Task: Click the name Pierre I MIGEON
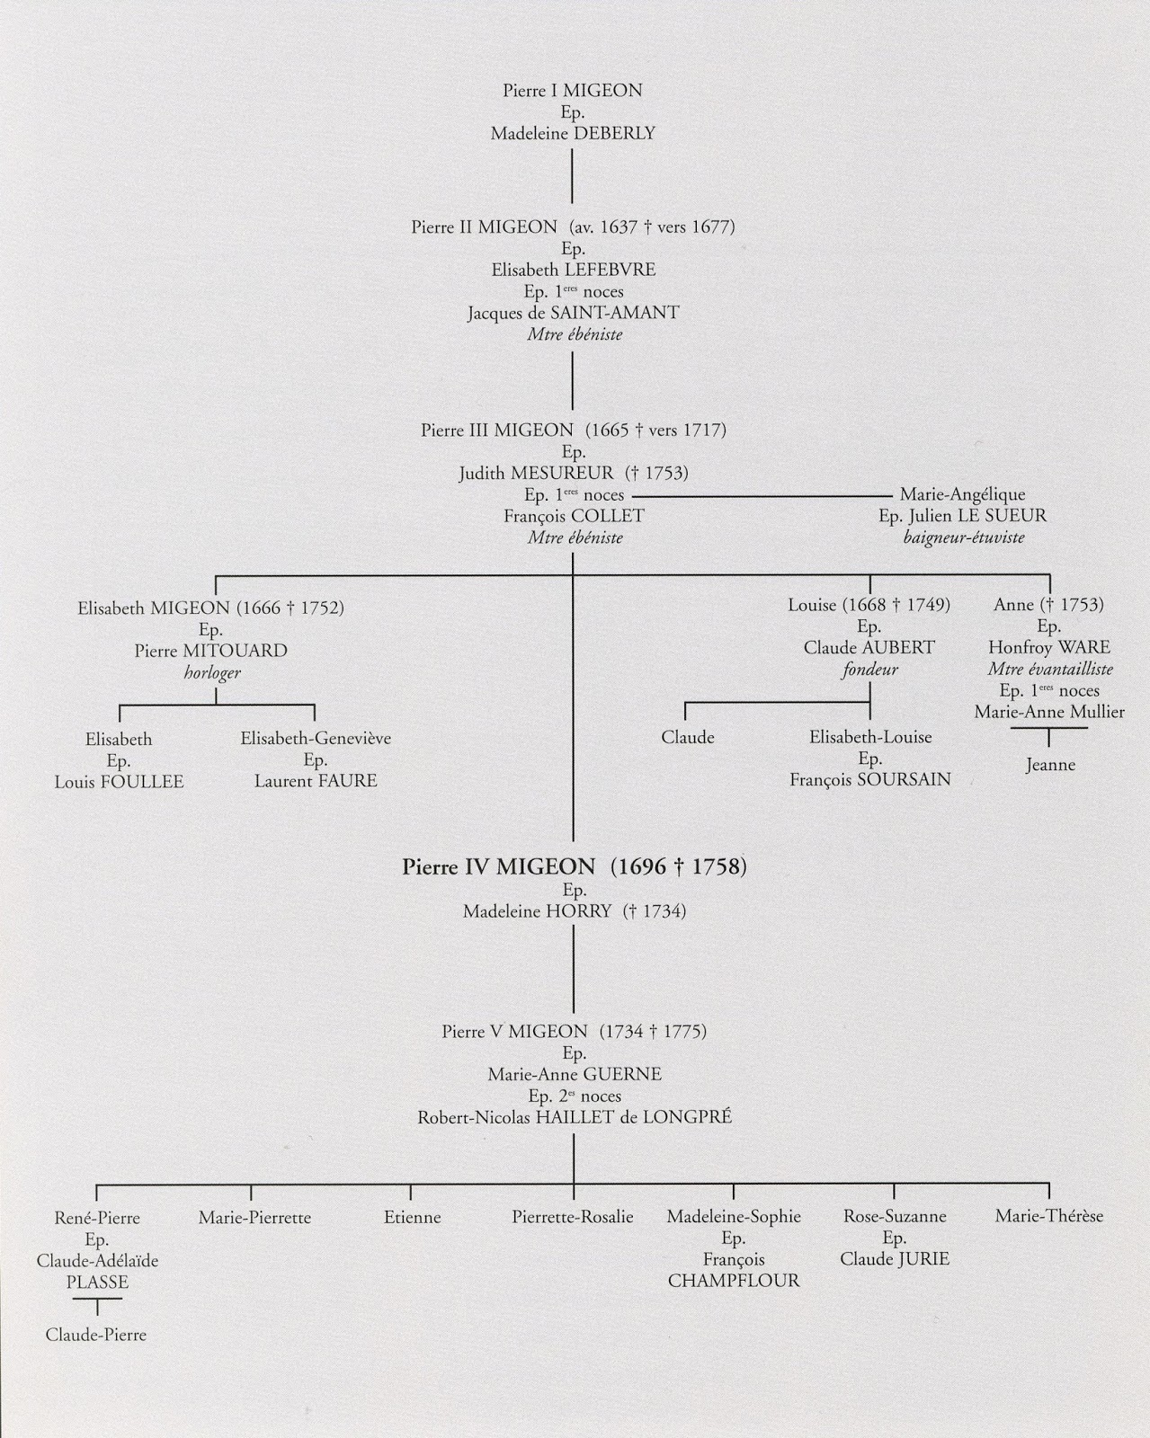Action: coord(573,91)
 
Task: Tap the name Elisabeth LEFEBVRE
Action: coord(573,270)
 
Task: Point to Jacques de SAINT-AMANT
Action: coord(573,313)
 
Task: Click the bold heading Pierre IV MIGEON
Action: coord(499,867)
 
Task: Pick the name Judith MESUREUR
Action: coord(536,473)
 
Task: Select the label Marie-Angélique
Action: coord(962,494)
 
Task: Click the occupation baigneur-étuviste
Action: coord(963,537)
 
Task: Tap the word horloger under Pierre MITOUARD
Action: coord(212,672)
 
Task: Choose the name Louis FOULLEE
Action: coord(119,782)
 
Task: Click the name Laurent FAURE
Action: coord(316,781)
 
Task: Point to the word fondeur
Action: coord(869,670)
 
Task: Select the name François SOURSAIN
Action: coord(869,780)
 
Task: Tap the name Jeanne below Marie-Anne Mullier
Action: coord(1049,766)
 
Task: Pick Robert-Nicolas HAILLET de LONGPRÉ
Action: coord(574,1118)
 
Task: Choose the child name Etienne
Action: coord(412,1218)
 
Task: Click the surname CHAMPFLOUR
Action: coord(733,1282)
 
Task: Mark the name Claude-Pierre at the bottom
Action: coord(96,1336)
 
